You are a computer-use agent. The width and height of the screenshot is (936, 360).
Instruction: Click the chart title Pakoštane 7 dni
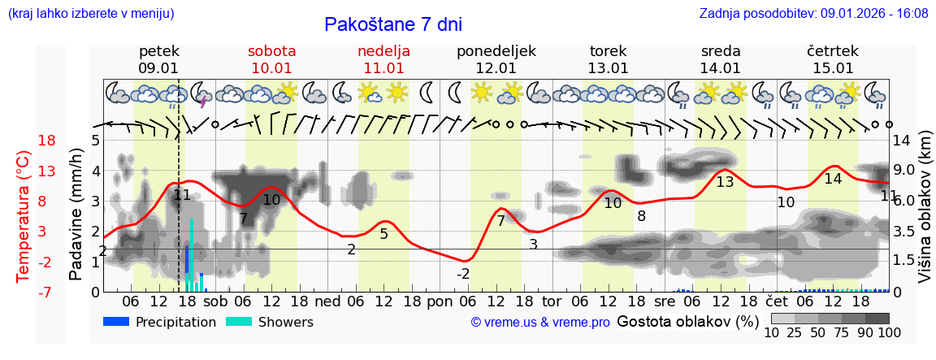(x=392, y=24)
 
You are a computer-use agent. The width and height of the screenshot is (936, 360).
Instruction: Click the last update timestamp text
(x=813, y=14)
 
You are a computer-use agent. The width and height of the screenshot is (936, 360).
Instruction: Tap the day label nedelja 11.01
(x=383, y=59)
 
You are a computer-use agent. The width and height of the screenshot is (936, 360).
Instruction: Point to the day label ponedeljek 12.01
(x=496, y=59)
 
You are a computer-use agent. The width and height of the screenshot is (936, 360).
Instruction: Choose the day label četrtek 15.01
(x=833, y=59)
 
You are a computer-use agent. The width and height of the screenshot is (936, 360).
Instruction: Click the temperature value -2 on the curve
(x=462, y=274)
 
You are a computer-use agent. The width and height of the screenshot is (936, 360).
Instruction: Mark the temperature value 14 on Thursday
(x=833, y=179)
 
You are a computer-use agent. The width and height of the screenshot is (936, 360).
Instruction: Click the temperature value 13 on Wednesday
(x=725, y=182)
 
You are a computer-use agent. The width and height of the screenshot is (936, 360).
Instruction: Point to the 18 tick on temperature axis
(x=46, y=141)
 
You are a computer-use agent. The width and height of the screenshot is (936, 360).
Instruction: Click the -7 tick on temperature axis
(x=46, y=292)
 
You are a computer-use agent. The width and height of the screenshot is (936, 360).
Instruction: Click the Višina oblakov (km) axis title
(x=925, y=215)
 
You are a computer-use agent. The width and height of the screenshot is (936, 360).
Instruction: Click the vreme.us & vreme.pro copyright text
(x=540, y=323)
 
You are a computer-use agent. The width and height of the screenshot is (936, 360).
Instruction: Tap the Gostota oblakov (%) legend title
(x=687, y=321)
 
